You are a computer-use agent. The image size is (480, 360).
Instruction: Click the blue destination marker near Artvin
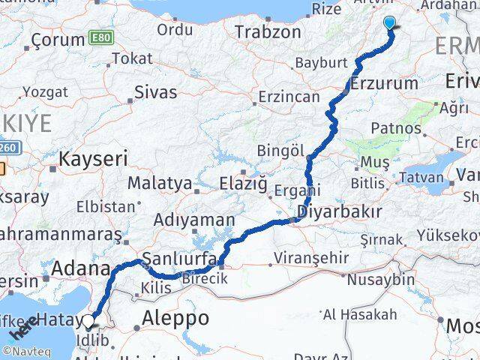pyautogui.click(x=390, y=23)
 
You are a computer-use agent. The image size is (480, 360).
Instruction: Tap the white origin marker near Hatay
pyautogui.click(x=89, y=322)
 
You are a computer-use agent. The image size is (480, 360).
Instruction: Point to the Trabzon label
pyautogui.click(x=268, y=32)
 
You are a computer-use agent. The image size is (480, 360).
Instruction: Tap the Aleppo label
pyautogui.click(x=175, y=317)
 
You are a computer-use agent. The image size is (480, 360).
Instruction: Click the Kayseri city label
pyautogui.click(x=93, y=158)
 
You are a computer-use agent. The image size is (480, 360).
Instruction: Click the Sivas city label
pyautogui.click(x=156, y=92)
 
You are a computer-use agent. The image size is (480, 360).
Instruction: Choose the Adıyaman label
pyautogui.click(x=194, y=220)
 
